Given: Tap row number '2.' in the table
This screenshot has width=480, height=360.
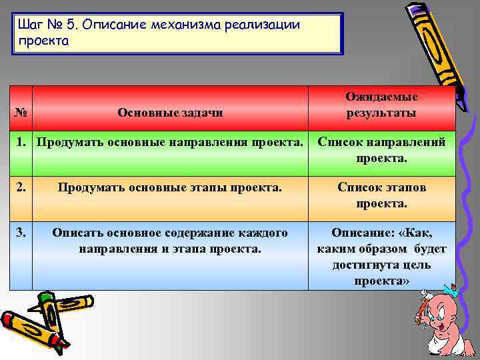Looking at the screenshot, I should [x=21, y=187].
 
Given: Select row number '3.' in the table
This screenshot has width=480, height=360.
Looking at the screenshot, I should [x=21, y=233].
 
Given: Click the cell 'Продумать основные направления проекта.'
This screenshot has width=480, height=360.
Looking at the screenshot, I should [x=170, y=142].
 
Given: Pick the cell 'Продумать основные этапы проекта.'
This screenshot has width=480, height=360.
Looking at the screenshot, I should [x=170, y=187].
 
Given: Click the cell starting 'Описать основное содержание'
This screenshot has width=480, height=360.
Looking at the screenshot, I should [x=170, y=241].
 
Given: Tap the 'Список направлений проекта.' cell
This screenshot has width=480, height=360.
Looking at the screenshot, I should [x=381, y=150].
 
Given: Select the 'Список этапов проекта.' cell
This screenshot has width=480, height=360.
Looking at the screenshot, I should [x=381, y=195].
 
